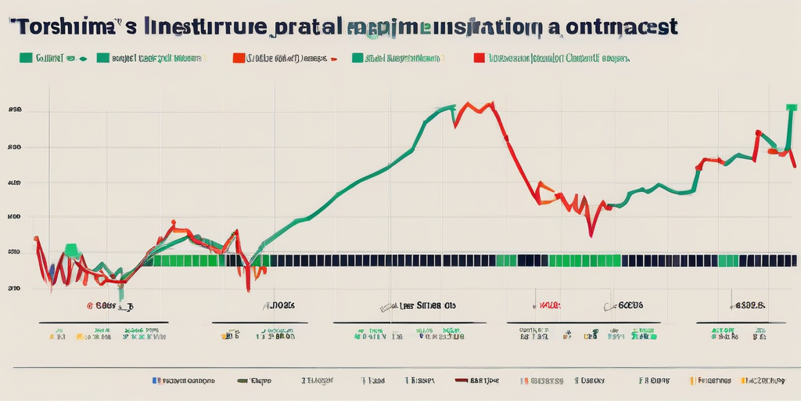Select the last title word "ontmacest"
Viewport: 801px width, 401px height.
pos(619,27)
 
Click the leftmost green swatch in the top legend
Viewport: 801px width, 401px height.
pos(24,58)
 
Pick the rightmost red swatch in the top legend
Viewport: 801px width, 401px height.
pos(477,58)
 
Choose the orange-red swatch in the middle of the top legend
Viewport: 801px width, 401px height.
pos(238,58)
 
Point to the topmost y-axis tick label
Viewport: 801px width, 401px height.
pos(14,111)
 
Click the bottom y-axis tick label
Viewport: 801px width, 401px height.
pos(14,288)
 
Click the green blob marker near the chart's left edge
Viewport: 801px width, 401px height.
pos(72,250)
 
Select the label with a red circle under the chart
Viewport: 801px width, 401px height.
pos(106,308)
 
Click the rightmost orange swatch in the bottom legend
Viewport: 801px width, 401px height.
pos(692,381)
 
